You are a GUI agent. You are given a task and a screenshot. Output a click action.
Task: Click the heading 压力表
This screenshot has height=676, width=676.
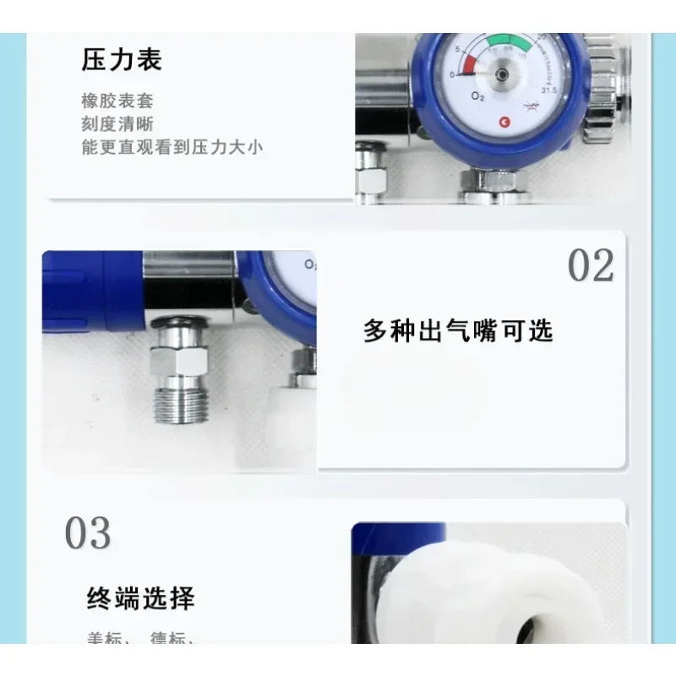click(122, 60)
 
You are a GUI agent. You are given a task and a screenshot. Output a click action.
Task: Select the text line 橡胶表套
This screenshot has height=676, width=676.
click(117, 101)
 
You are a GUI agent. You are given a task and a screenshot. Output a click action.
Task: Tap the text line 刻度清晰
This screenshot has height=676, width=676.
click(117, 124)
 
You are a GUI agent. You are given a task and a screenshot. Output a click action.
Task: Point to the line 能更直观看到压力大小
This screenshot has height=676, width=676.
click(172, 147)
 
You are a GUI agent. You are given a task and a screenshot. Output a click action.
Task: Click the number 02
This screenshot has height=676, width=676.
click(591, 266)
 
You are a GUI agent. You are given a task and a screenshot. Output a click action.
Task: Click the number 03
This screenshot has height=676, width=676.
click(88, 533)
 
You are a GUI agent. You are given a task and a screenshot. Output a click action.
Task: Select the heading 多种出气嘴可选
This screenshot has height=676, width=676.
click(458, 330)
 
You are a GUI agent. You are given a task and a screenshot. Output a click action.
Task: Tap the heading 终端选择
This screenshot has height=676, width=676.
click(140, 598)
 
